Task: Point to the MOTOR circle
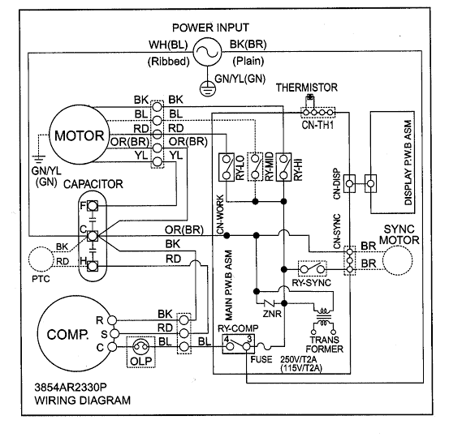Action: point(76,134)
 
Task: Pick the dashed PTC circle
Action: point(41,259)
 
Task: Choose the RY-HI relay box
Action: point(283,168)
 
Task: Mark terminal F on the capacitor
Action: point(93,207)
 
